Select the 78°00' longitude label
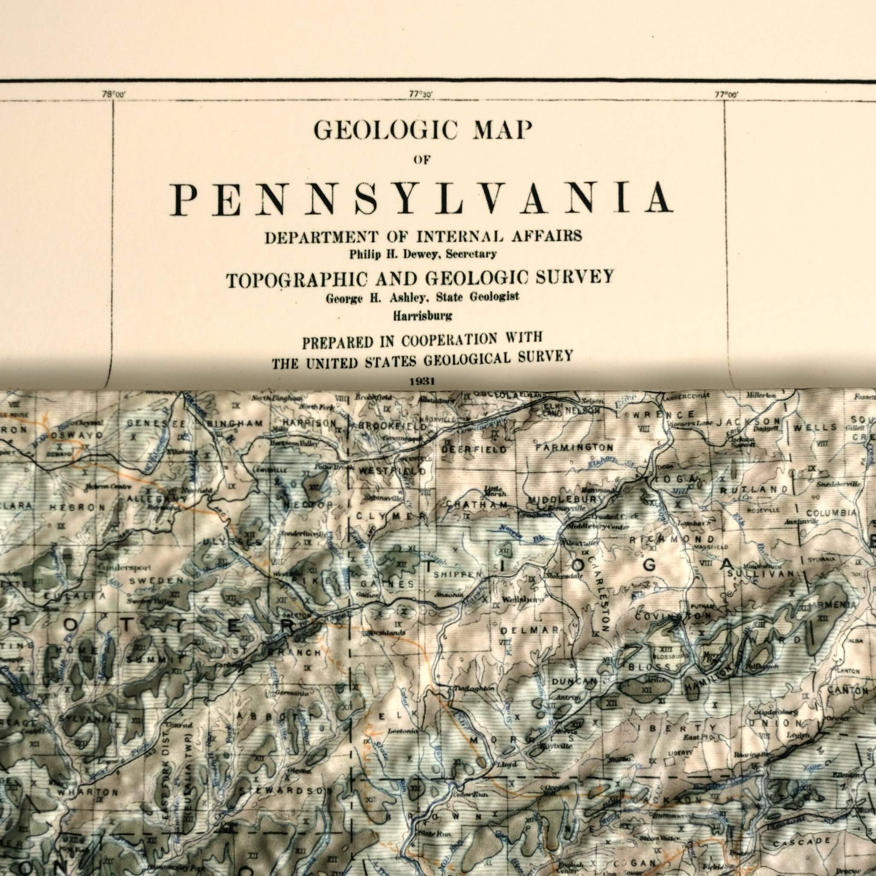[x=113, y=95]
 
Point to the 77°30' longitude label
[x=420, y=95]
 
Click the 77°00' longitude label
[x=726, y=95]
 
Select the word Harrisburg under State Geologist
[x=422, y=316]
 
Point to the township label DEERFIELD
[x=474, y=450]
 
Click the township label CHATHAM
[x=477, y=505]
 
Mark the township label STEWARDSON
[x=283, y=790]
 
